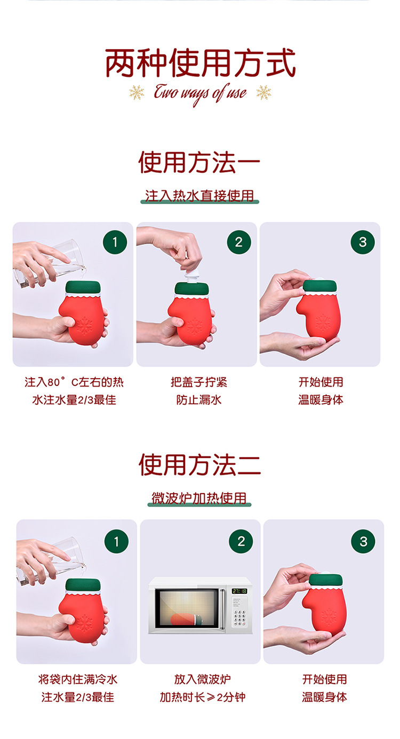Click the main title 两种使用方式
pos(200,63)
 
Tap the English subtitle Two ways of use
pos(200,93)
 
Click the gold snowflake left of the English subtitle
pos(137,92)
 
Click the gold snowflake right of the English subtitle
pos(263,92)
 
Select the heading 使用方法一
pos(199,162)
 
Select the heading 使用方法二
pos(199,464)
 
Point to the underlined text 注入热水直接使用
pos(199,196)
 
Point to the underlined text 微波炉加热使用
pos(199,498)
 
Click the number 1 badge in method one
pos(115,242)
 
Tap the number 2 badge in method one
pos(239,242)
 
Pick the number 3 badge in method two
pos(363,541)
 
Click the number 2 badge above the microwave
pos(241,541)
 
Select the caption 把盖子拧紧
pos(199,382)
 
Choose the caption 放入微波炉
pos(202,679)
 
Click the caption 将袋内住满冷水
pos(78,679)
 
